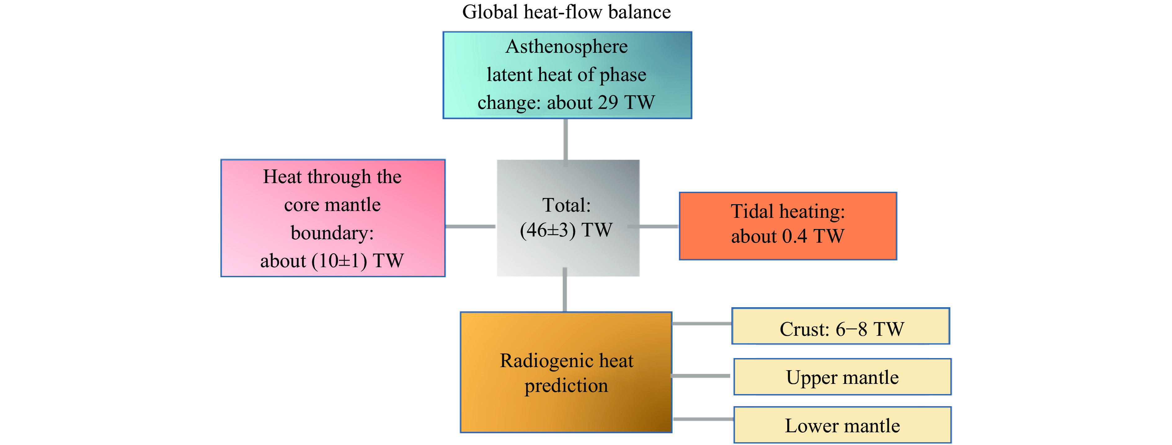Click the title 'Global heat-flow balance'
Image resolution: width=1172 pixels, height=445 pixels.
[566, 12]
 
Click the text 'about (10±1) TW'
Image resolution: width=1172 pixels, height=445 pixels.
[332, 261]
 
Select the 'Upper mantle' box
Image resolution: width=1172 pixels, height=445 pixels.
[842, 377]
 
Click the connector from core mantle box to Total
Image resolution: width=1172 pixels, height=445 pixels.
[470, 226]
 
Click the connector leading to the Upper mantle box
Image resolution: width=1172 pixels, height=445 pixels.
[701, 376]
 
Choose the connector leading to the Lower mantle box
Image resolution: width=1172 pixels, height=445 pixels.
[703, 419]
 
